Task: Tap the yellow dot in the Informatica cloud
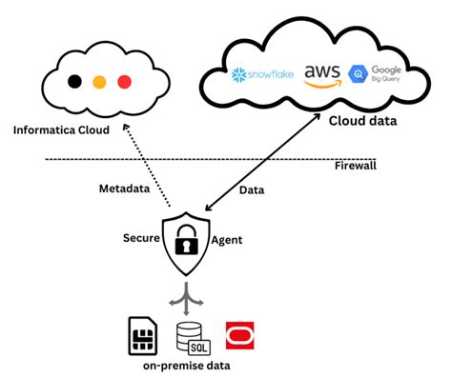point(99,81)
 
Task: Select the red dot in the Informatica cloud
point(124,81)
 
